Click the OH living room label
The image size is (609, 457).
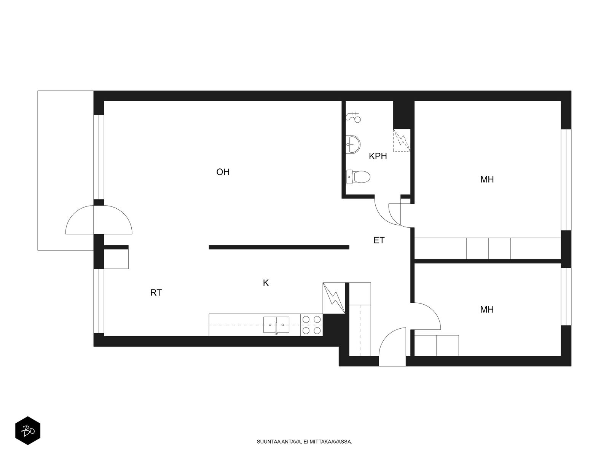223,172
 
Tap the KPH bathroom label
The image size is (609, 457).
378,156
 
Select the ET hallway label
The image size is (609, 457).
379,240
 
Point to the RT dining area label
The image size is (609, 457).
156,292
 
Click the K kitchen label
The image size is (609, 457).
266,283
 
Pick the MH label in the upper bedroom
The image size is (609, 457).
487,179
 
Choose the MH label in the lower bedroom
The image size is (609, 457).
487,309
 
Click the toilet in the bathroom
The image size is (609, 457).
358,177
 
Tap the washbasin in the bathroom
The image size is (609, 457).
353,144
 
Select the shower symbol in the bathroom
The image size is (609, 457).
354,117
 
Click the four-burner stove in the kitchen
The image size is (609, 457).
311,325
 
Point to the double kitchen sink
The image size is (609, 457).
276,325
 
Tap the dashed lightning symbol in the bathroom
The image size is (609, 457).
402,141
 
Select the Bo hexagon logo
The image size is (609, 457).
28,431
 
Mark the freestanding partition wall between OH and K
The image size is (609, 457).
279,247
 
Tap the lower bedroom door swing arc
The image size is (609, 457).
433,310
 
